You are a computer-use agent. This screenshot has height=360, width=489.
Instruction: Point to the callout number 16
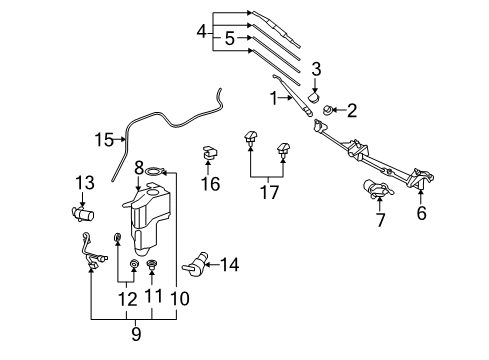point(209,184)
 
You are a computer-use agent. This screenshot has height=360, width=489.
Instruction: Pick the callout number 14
point(230,265)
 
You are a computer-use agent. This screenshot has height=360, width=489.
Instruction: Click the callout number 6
point(421,213)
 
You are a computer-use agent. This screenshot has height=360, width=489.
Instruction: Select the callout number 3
point(316,68)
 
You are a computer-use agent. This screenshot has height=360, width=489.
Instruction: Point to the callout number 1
point(272,97)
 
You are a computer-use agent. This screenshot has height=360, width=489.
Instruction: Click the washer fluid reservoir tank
point(146,225)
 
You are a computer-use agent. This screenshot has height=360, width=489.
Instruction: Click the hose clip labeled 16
point(209,154)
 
